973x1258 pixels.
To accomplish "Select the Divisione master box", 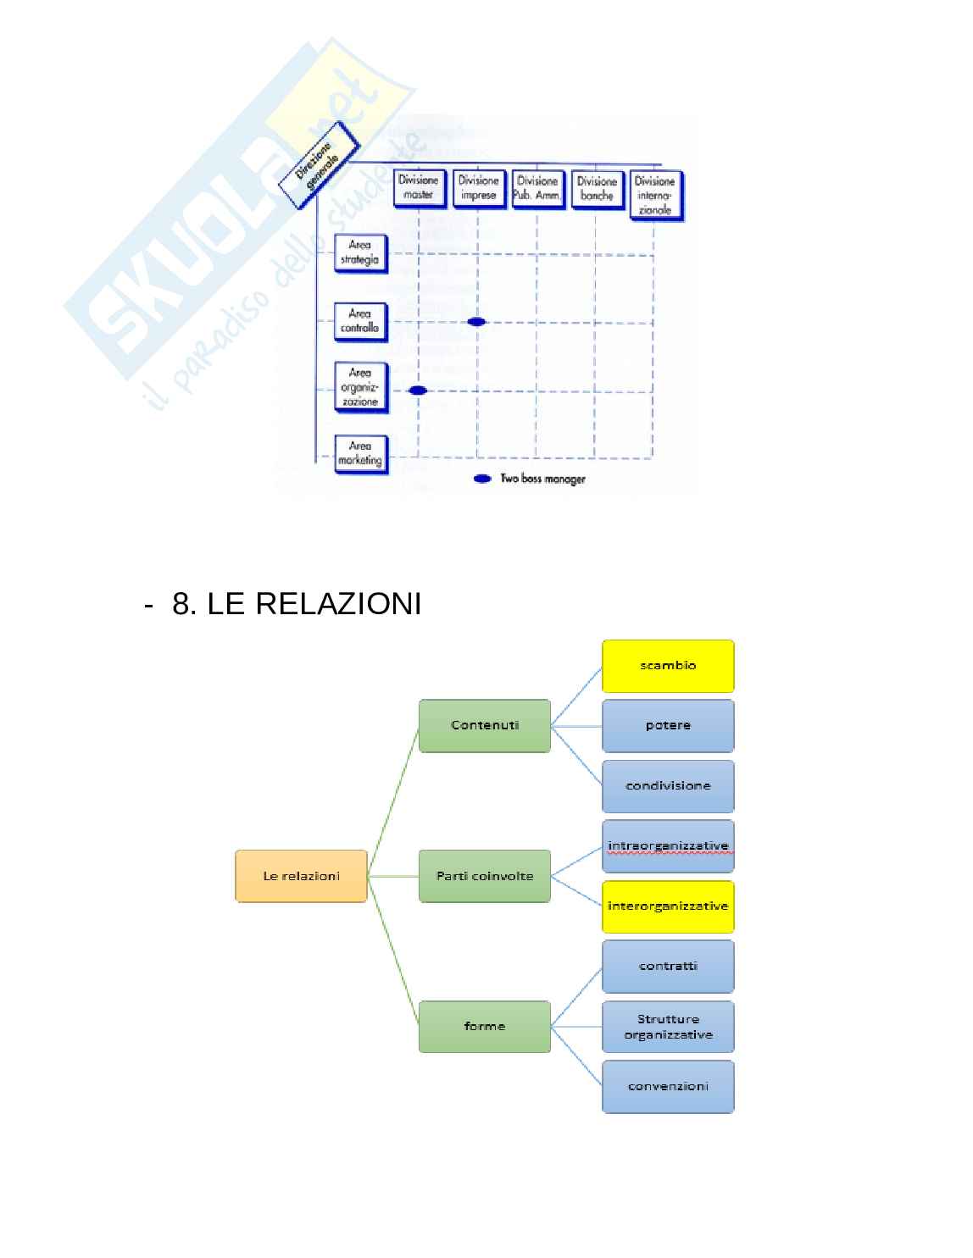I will (x=419, y=188).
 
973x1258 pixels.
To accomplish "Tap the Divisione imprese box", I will (x=479, y=188).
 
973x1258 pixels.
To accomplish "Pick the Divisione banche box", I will (x=597, y=188).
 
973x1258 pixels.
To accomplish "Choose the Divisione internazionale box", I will (x=655, y=195).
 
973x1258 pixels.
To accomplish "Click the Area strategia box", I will (x=360, y=253).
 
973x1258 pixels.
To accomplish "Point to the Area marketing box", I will (x=360, y=454).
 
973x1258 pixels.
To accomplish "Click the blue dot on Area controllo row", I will (x=476, y=322).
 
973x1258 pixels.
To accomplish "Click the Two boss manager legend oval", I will (x=482, y=479).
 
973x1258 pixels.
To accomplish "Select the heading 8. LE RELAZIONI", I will (x=297, y=605).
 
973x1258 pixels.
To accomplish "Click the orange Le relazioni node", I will (x=301, y=876).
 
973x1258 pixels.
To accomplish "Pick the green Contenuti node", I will (x=485, y=725).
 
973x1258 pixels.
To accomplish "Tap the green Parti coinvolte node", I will (x=485, y=876).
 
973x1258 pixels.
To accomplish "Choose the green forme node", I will (x=485, y=1027).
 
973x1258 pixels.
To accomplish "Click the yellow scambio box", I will (x=668, y=666).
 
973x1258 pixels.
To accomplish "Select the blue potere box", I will (x=668, y=725).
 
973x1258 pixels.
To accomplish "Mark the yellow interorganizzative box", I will (x=668, y=906).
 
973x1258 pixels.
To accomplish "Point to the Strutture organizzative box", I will (x=668, y=1027).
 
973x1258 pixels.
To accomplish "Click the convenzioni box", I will (x=668, y=1086).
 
